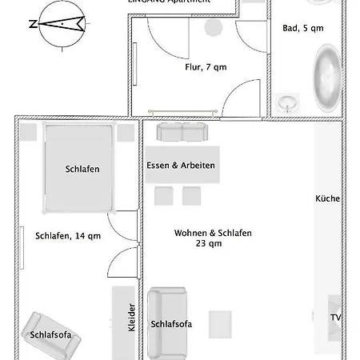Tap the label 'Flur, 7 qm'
coord(206,67)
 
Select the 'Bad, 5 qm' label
coord(303,28)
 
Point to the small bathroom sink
coord(289,102)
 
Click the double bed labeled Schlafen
coord(78,168)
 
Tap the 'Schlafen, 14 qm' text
coord(68,235)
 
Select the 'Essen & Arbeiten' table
coord(181,165)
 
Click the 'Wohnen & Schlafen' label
coord(213,233)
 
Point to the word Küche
coord(327,198)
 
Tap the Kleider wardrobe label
coord(132,318)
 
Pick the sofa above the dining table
coord(181,131)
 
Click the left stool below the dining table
coord(164,195)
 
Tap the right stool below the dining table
coord(191,195)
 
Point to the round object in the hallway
coord(214,27)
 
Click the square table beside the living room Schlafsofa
coord(220,323)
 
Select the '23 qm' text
coord(208,244)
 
